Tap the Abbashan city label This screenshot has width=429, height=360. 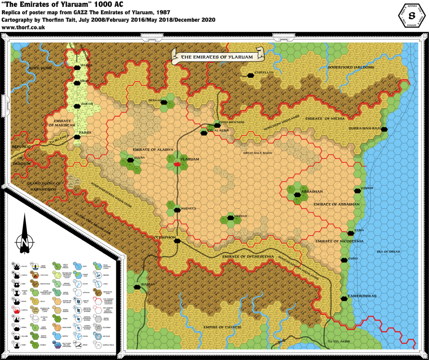[312, 192]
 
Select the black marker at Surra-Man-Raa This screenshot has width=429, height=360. [384, 129]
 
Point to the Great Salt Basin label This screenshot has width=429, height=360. [258, 153]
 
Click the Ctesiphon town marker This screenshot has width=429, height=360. [177, 241]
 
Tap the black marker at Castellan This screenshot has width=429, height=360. [250, 76]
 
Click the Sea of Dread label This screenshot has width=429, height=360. [388, 252]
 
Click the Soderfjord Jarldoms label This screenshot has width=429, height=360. [351, 67]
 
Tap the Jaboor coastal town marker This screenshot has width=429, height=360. [357, 190]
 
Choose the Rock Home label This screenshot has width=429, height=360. [39, 68]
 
